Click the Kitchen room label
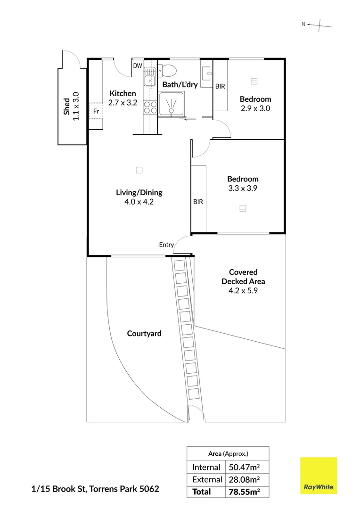123,93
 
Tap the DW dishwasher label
138,66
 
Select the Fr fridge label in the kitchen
96,111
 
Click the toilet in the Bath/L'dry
168,71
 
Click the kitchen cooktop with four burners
150,108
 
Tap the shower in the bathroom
171,104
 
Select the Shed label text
67,106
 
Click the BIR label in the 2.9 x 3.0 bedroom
220,87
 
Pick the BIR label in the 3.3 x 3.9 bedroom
198,202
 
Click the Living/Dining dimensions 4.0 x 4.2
139,202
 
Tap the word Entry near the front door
166,245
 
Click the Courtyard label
144,334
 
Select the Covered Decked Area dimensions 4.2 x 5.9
243,291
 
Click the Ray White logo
319,476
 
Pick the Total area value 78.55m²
245,492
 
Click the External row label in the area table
206,480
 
